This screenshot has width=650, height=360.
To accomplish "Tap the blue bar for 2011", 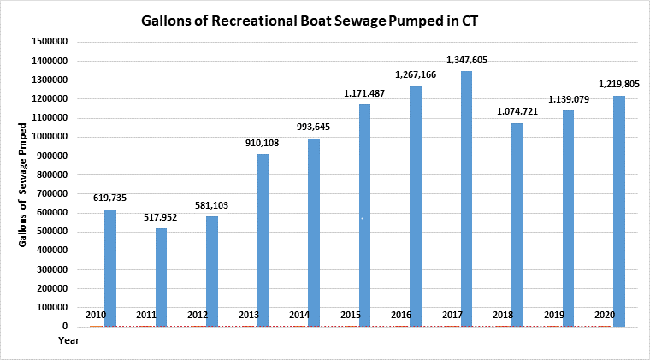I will click(161, 277).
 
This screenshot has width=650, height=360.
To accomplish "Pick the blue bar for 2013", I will click(263, 239).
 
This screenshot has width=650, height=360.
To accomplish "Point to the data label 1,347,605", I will click(467, 60).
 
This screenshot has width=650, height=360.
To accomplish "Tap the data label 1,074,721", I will click(517, 111).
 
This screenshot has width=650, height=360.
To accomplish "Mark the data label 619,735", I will click(109, 198).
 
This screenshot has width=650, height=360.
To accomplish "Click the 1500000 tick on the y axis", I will click(50, 42).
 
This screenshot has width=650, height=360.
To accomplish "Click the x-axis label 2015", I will click(349, 316).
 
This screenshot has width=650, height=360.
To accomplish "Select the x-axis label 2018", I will click(502, 316).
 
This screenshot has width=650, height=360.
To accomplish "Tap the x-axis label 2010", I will click(95, 316).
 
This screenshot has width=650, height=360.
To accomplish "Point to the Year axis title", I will click(68, 340).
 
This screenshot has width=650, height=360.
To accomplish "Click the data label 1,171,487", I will click(364, 92).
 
